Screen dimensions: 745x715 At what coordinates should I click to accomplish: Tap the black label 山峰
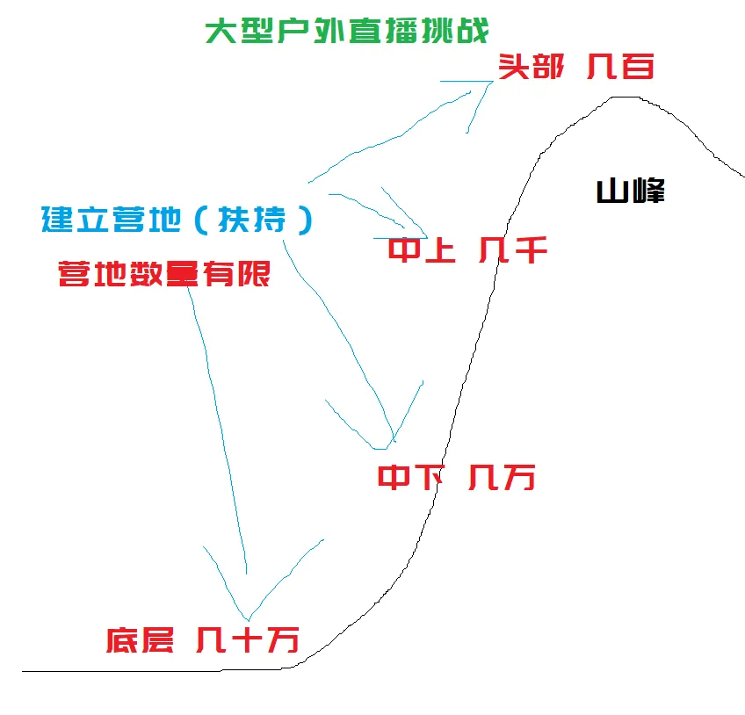click(630, 191)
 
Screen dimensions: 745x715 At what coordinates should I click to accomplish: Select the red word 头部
click(531, 67)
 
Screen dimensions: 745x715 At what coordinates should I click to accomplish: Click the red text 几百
click(620, 67)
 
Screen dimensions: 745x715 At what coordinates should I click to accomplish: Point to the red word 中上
click(422, 252)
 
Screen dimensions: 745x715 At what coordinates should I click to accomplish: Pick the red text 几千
click(513, 252)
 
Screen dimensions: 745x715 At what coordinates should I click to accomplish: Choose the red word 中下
click(409, 478)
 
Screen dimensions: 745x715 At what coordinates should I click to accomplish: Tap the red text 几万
click(502, 478)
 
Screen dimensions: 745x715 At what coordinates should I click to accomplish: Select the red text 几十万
click(247, 639)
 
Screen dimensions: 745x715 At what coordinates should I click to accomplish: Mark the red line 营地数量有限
click(163, 275)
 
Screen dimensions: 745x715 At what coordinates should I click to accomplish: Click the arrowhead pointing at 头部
click(488, 83)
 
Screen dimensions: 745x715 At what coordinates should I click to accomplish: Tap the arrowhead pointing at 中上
click(425, 237)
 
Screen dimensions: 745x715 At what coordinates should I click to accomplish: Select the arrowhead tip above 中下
click(391, 443)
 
